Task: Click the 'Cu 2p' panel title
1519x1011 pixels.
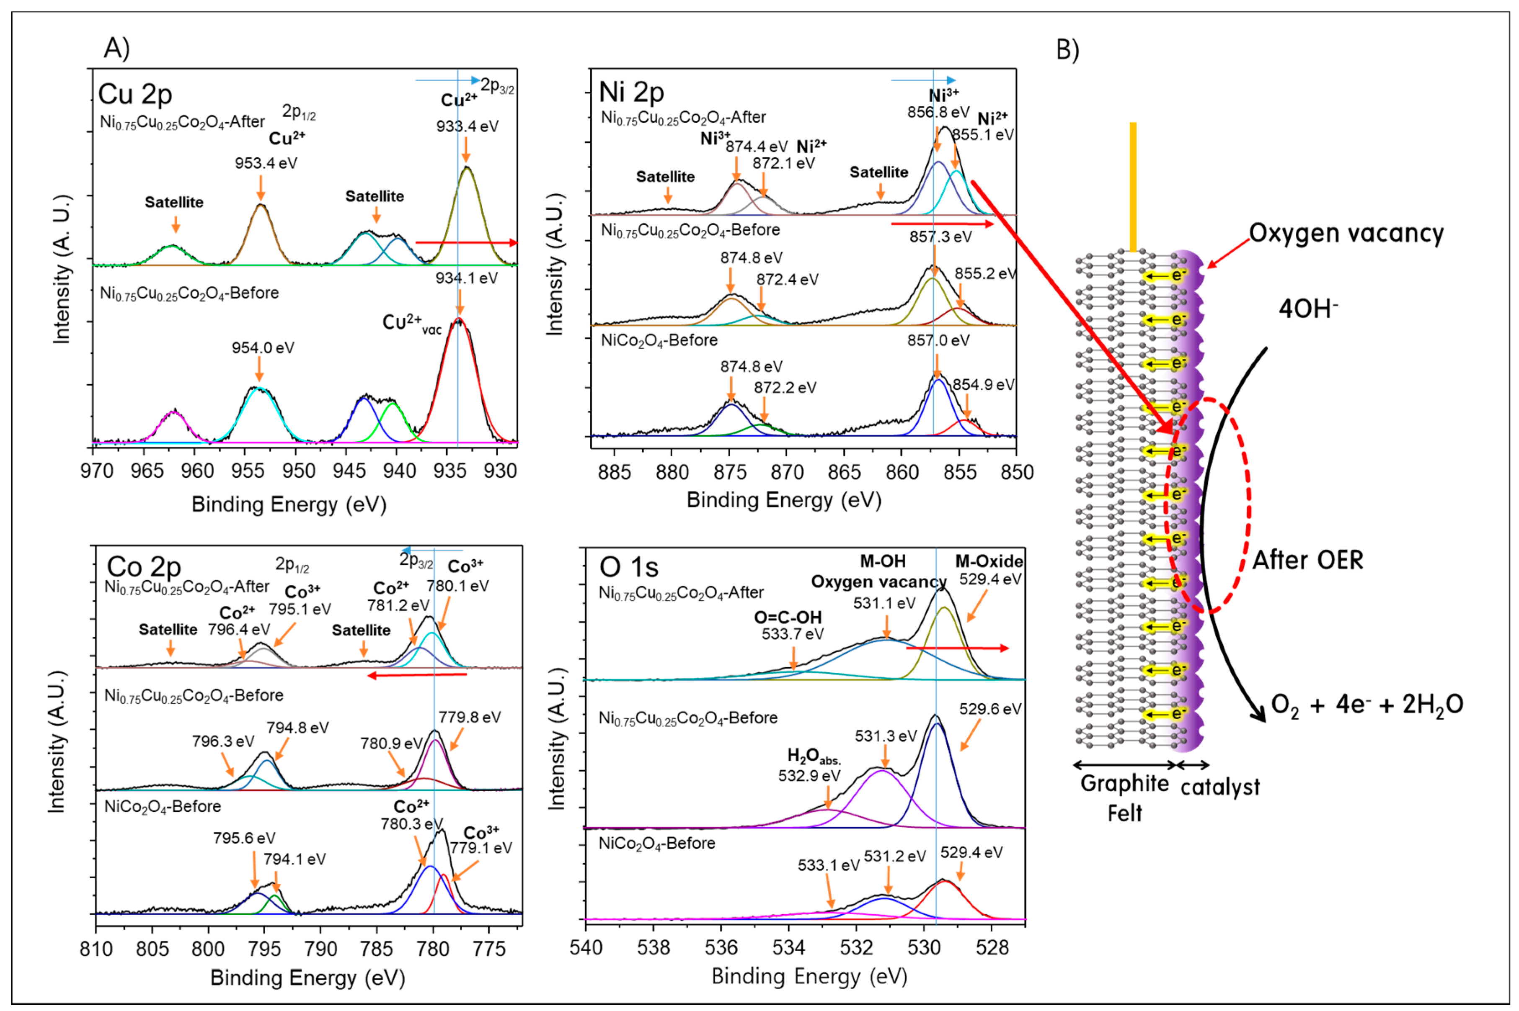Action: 135,95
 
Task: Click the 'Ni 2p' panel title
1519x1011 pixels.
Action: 631,92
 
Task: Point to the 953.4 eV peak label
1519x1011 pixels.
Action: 265,163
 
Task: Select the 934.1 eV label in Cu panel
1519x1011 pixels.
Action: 466,278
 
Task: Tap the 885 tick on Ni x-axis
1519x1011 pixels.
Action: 614,473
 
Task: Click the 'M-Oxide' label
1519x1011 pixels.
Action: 988,561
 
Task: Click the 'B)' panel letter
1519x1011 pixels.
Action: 1067,50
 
